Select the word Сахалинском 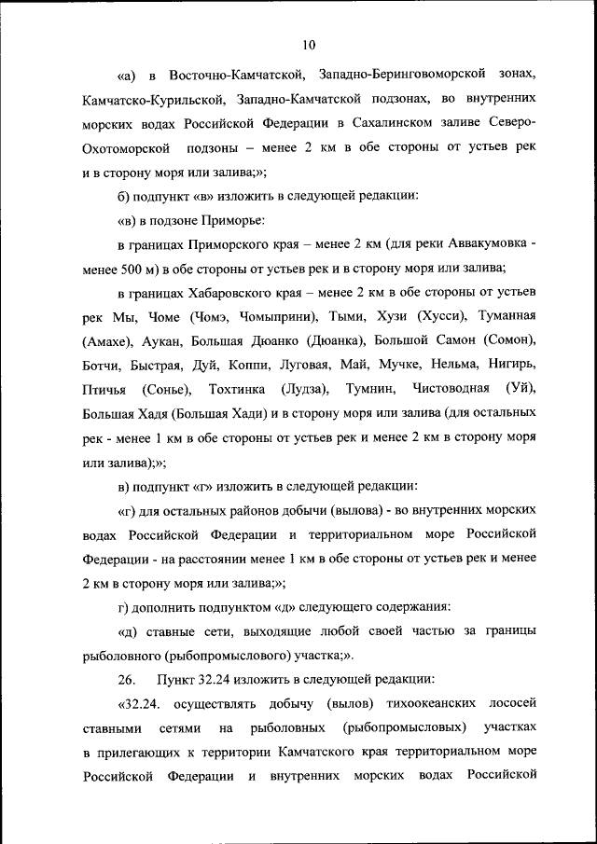click(x=416, y=122)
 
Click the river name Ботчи click(x=101, y=366)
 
